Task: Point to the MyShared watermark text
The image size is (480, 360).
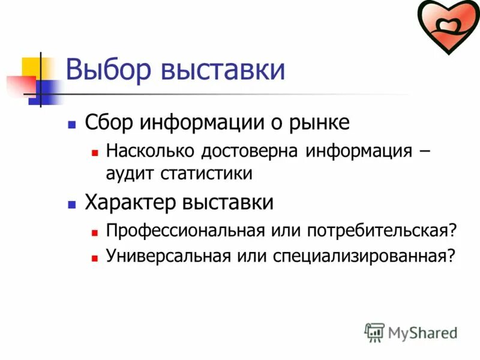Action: [x=422, y=332]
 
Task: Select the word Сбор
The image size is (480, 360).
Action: [x=110, y=122]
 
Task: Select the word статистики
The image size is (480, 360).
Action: [x=206, y=174]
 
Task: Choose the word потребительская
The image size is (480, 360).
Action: [x=380, y=230]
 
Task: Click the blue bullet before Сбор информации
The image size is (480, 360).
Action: [x=72, y=124]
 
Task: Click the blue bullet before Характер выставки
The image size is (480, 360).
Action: [x=72, y=204]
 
